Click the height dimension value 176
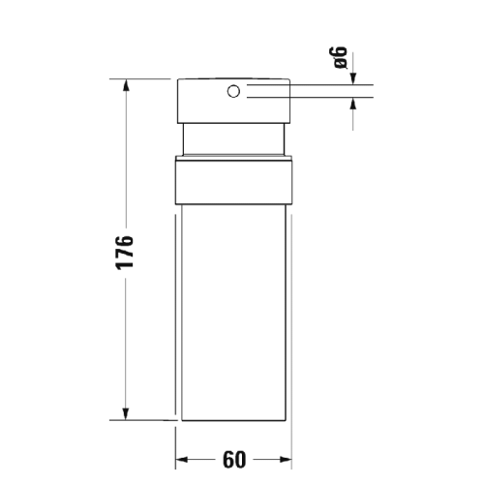click(x=123, y=253)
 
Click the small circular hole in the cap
click(x=233, y=92)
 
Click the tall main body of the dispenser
click(x=233, y=310)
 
